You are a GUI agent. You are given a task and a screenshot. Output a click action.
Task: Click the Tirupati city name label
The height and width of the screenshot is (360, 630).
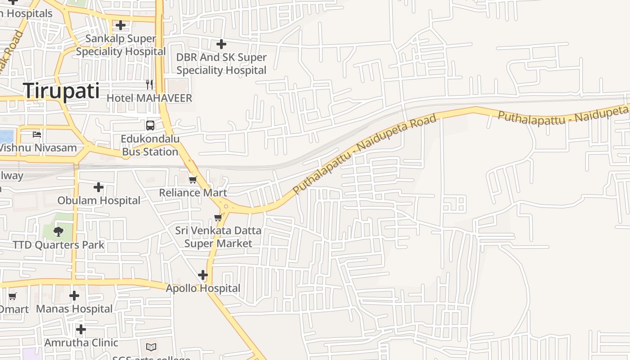click(61, 91)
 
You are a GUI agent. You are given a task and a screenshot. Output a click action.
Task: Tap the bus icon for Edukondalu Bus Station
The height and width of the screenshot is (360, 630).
click(150, 126)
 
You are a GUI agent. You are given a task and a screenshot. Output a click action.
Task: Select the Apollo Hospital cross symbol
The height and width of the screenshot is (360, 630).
click(203, 274)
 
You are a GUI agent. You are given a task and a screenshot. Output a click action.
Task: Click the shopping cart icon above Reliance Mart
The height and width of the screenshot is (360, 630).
click(193, 180)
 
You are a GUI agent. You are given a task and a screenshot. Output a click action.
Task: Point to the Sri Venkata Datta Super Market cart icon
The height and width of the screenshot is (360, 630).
click(218, 218)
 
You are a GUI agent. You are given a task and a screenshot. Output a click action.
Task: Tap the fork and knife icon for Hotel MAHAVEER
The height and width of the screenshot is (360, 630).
click(149, 85)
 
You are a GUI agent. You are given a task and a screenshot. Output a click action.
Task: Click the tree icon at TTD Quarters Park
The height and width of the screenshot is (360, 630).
click(58, 232)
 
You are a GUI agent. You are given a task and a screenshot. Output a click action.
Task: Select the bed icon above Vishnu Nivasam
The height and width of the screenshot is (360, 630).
click(37, 135)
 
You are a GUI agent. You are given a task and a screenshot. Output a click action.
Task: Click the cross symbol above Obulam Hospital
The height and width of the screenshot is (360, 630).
click(99, 187)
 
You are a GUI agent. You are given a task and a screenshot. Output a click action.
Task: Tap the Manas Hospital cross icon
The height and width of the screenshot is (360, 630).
click(74, 296)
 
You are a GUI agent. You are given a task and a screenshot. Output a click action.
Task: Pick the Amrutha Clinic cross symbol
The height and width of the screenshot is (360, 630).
click(81, 329)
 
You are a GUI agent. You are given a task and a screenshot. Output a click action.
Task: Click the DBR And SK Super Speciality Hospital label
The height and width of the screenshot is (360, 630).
click(221, 64)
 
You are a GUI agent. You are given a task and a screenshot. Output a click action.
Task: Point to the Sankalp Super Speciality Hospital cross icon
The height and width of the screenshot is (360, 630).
click(121, 25)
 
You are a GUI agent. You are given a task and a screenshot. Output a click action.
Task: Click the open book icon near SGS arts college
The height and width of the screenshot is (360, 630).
click(151, 347)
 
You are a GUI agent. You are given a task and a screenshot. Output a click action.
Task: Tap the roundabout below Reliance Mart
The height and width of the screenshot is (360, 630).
click(225, 207)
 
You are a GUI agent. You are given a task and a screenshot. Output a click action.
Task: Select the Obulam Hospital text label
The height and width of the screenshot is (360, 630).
click(99, 200)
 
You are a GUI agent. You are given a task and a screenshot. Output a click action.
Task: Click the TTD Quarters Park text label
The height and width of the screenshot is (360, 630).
click(58, 245)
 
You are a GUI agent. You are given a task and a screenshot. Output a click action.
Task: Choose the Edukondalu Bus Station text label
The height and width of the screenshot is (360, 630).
click(150, 145)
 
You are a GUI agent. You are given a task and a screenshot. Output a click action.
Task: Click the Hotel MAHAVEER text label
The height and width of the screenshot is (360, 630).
click(149, 98)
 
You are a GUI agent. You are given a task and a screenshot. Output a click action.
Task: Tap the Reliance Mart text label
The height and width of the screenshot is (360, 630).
click(193, 193)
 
